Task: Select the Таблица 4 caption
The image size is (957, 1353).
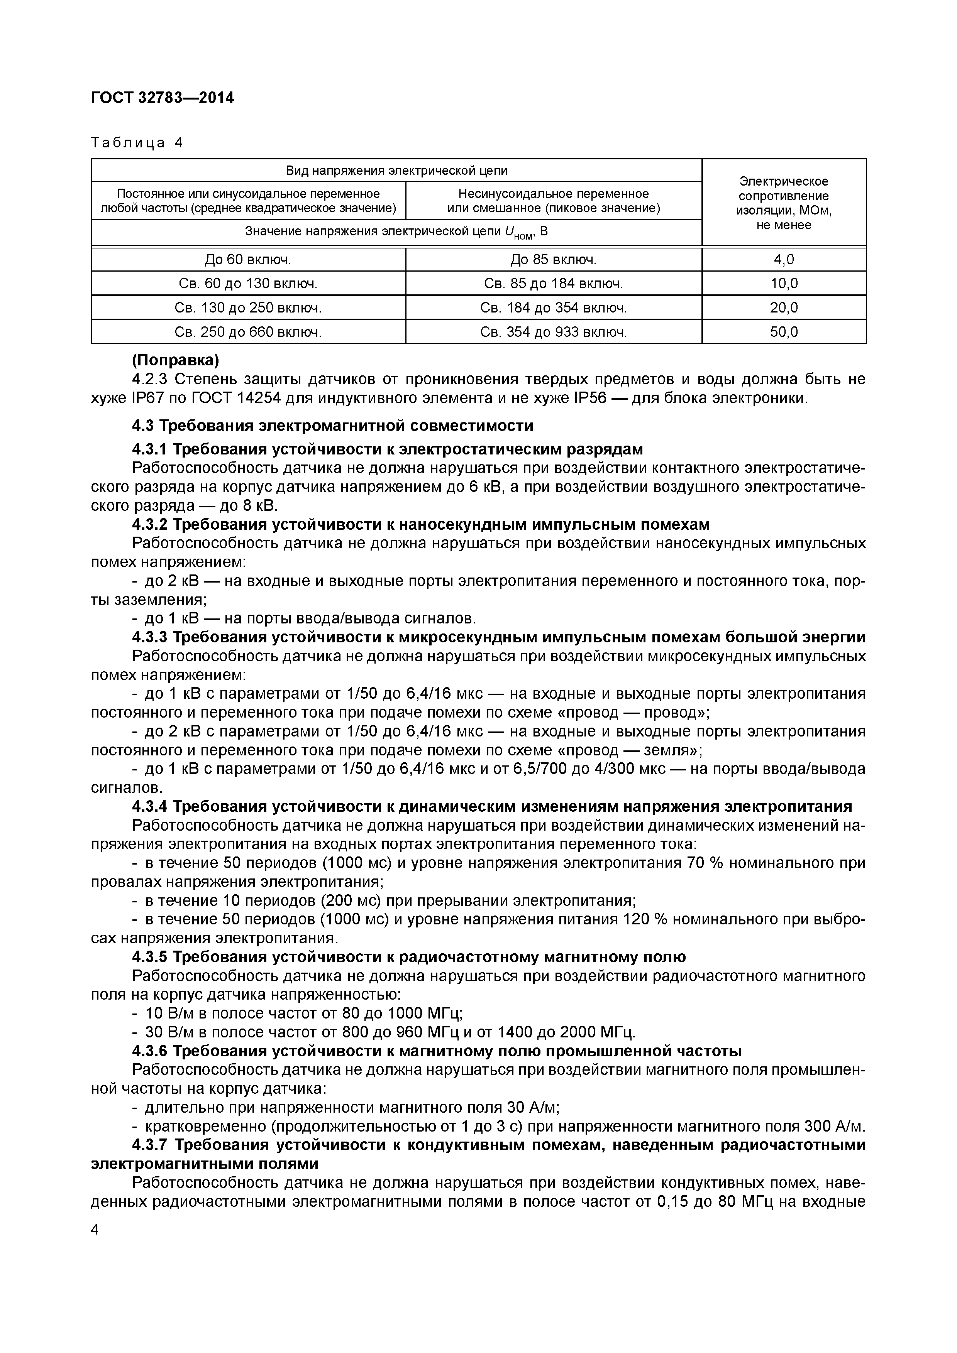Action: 137,143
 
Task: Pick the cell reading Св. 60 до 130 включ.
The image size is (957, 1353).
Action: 248,284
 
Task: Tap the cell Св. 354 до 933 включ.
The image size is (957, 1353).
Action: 553,332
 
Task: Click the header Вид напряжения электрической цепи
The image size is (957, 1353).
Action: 396,170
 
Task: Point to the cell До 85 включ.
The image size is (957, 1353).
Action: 553,259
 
